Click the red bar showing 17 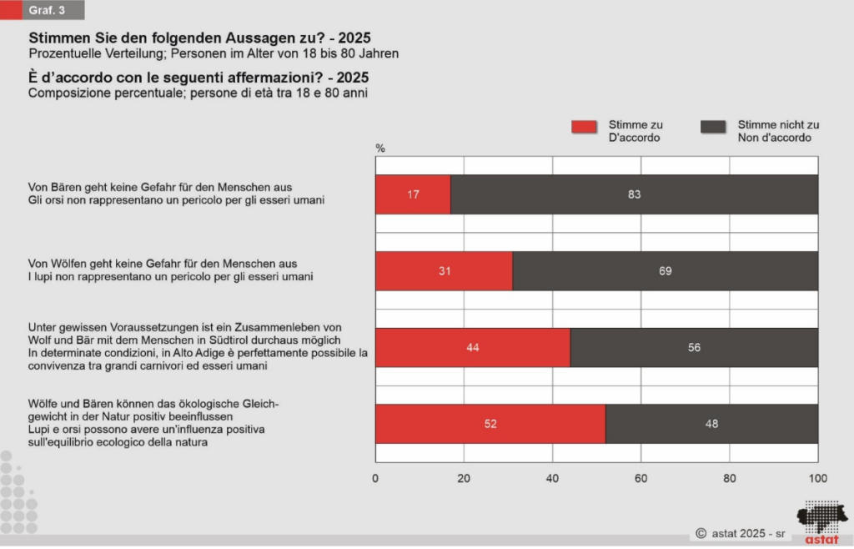tap(413, 194)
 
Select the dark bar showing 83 tap(634, 194)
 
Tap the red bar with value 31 tap(444, 271)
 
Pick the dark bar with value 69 tap(665, 271)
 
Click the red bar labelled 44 tap(473, 348)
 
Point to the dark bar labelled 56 tap(694, 348)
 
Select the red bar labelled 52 tap(490, 424)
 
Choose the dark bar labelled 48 tap(711, 424)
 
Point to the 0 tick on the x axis tap(375, 478)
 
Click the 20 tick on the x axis tap(464, 478)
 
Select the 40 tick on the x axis tap(552, 478)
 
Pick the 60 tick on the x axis tap(640, 478)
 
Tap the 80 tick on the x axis tap(729, 478)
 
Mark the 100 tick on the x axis tap(817, 478)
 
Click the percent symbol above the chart tap(380, 148)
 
